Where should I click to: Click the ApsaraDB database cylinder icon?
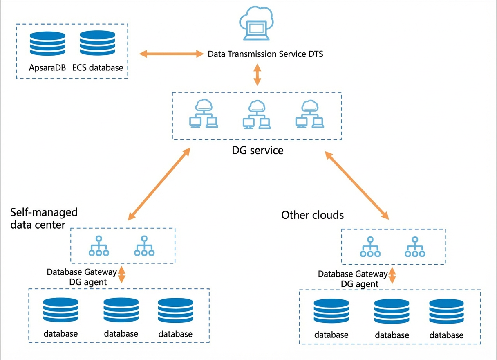tap(47, 43)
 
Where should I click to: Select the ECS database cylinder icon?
tap(97, 43)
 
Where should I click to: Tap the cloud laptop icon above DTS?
tap(257, 23)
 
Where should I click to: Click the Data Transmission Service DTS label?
tap(265, 54)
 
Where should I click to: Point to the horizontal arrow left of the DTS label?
tap(171, 54)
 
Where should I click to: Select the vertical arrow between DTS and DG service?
tap(257, 75)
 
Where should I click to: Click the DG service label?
tap(257, 151)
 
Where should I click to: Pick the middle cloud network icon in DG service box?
tap(257, 114)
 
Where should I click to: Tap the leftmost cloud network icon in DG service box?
tap(204, 113)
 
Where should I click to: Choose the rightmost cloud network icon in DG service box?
tap(310, 114)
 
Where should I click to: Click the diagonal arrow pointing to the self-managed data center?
tap(159, 184)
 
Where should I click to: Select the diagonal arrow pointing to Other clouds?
tap(357, 185)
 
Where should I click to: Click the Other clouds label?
tap(312, 215)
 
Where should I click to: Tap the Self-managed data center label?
tap(44, 218)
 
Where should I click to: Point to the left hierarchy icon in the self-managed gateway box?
tap(99, 246)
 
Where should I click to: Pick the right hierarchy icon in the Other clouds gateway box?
tap(415, 247)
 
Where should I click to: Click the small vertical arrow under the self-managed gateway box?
tap(121, 275)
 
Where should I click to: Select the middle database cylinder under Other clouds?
tap(392, 311)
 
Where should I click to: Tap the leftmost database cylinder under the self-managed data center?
tap(60, 310)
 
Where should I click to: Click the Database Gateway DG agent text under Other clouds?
tap(353, 279)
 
